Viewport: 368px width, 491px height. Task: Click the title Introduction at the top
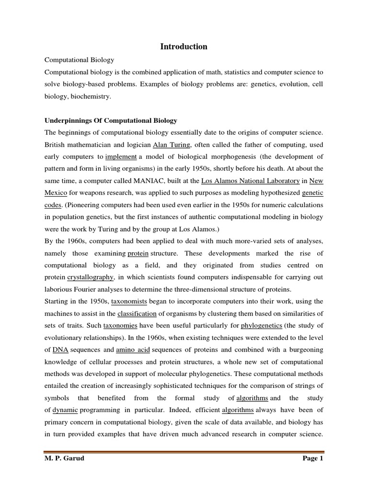[184, 47]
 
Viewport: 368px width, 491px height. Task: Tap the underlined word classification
[137, 314]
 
